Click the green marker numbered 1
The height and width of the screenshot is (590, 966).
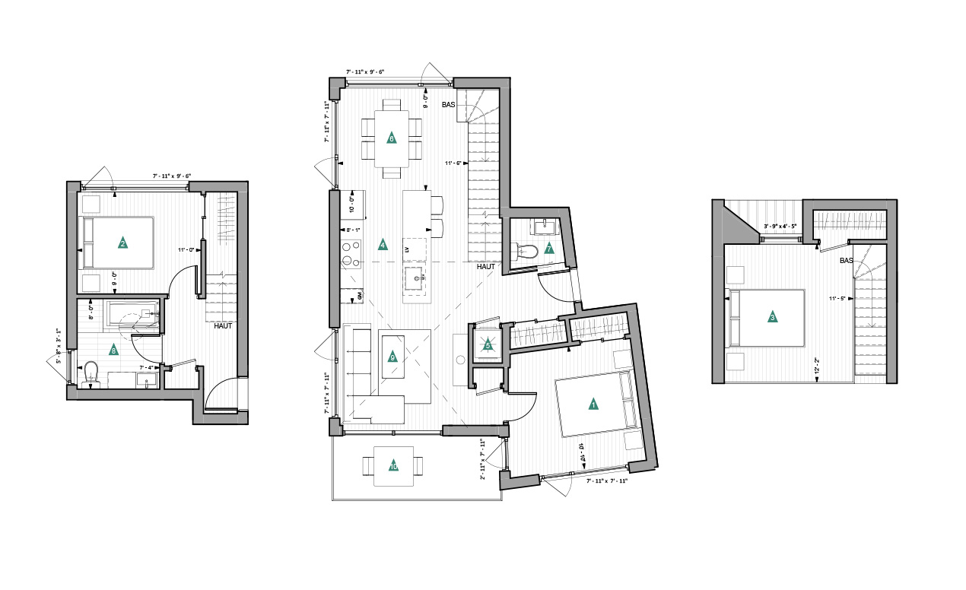(593, 404)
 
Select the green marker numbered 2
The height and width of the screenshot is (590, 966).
(122, 243)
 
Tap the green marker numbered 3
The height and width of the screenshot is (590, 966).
(773, 317)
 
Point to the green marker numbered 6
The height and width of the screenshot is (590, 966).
(391, 138)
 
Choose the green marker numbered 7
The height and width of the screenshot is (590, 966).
(548, 249)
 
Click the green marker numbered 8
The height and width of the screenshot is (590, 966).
(113, 351)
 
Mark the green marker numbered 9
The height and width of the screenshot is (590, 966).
(392, 357)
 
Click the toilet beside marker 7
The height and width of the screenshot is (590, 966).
(526, 250)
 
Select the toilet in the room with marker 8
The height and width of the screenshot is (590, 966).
(92, 373)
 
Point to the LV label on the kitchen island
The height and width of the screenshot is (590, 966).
(407, 249)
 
